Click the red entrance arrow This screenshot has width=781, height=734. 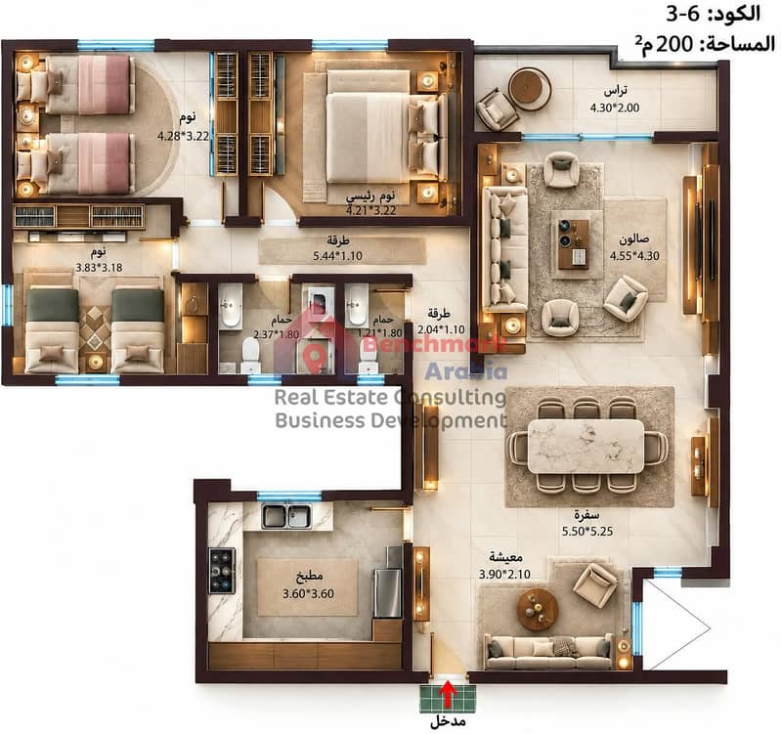click(x=449, y=695)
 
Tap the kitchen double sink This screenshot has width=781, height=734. click(x=286, y=516)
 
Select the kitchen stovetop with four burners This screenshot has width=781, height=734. click(x=222, y=571)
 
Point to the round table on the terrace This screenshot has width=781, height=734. click(x=530, y=88)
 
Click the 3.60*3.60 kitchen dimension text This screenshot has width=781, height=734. click(x=308, y=593)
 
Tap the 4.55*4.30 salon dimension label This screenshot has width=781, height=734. click(x=634, y=256)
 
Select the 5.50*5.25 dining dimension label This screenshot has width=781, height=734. click(x=587, y=532)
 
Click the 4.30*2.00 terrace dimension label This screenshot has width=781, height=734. click(x=615, y=108)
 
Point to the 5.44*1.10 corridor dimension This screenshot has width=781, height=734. click(x=337, y=256)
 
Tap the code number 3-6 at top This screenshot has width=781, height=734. click(x=683, y=14)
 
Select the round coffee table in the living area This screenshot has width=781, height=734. click(x=538, y=610)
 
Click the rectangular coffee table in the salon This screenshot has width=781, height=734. click(x=572, y=243)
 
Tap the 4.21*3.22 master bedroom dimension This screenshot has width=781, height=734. click(x=371, y=211)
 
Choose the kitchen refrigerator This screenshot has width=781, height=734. click(x=388, y=593)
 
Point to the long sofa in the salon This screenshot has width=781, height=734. click(x=505, y=249)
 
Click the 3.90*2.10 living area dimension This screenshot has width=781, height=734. click(x=504, y=574)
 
